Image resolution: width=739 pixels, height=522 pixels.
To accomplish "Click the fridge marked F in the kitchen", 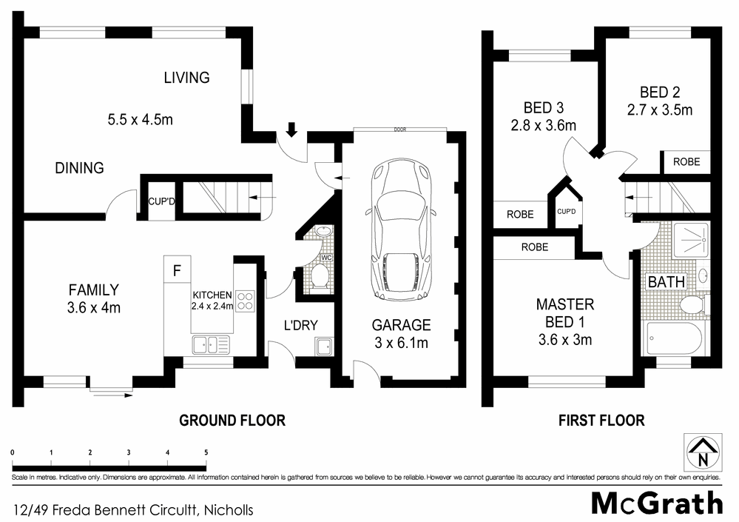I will (177, 270).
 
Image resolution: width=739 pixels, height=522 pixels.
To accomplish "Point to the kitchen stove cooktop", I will (246, 301).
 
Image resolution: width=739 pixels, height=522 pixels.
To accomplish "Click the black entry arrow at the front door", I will (291, 130).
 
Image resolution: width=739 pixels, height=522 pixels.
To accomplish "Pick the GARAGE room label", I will (402, 324).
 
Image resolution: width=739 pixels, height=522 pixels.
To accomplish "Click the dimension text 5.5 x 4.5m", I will (140, 118).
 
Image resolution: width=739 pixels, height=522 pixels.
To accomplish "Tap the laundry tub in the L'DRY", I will (323, 347).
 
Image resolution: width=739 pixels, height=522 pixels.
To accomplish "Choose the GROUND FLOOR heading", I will (232, 421).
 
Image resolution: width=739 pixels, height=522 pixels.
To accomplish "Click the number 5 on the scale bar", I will (206, 452).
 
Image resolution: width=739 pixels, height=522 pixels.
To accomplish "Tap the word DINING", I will (79, 168).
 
